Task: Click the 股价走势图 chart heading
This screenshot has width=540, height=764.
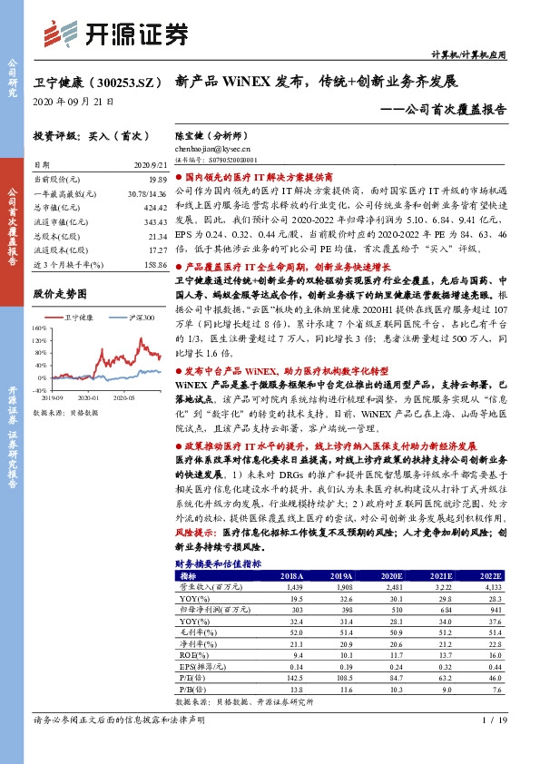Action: click(59, 294)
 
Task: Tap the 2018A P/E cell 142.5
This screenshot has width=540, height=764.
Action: click(290, 676)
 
